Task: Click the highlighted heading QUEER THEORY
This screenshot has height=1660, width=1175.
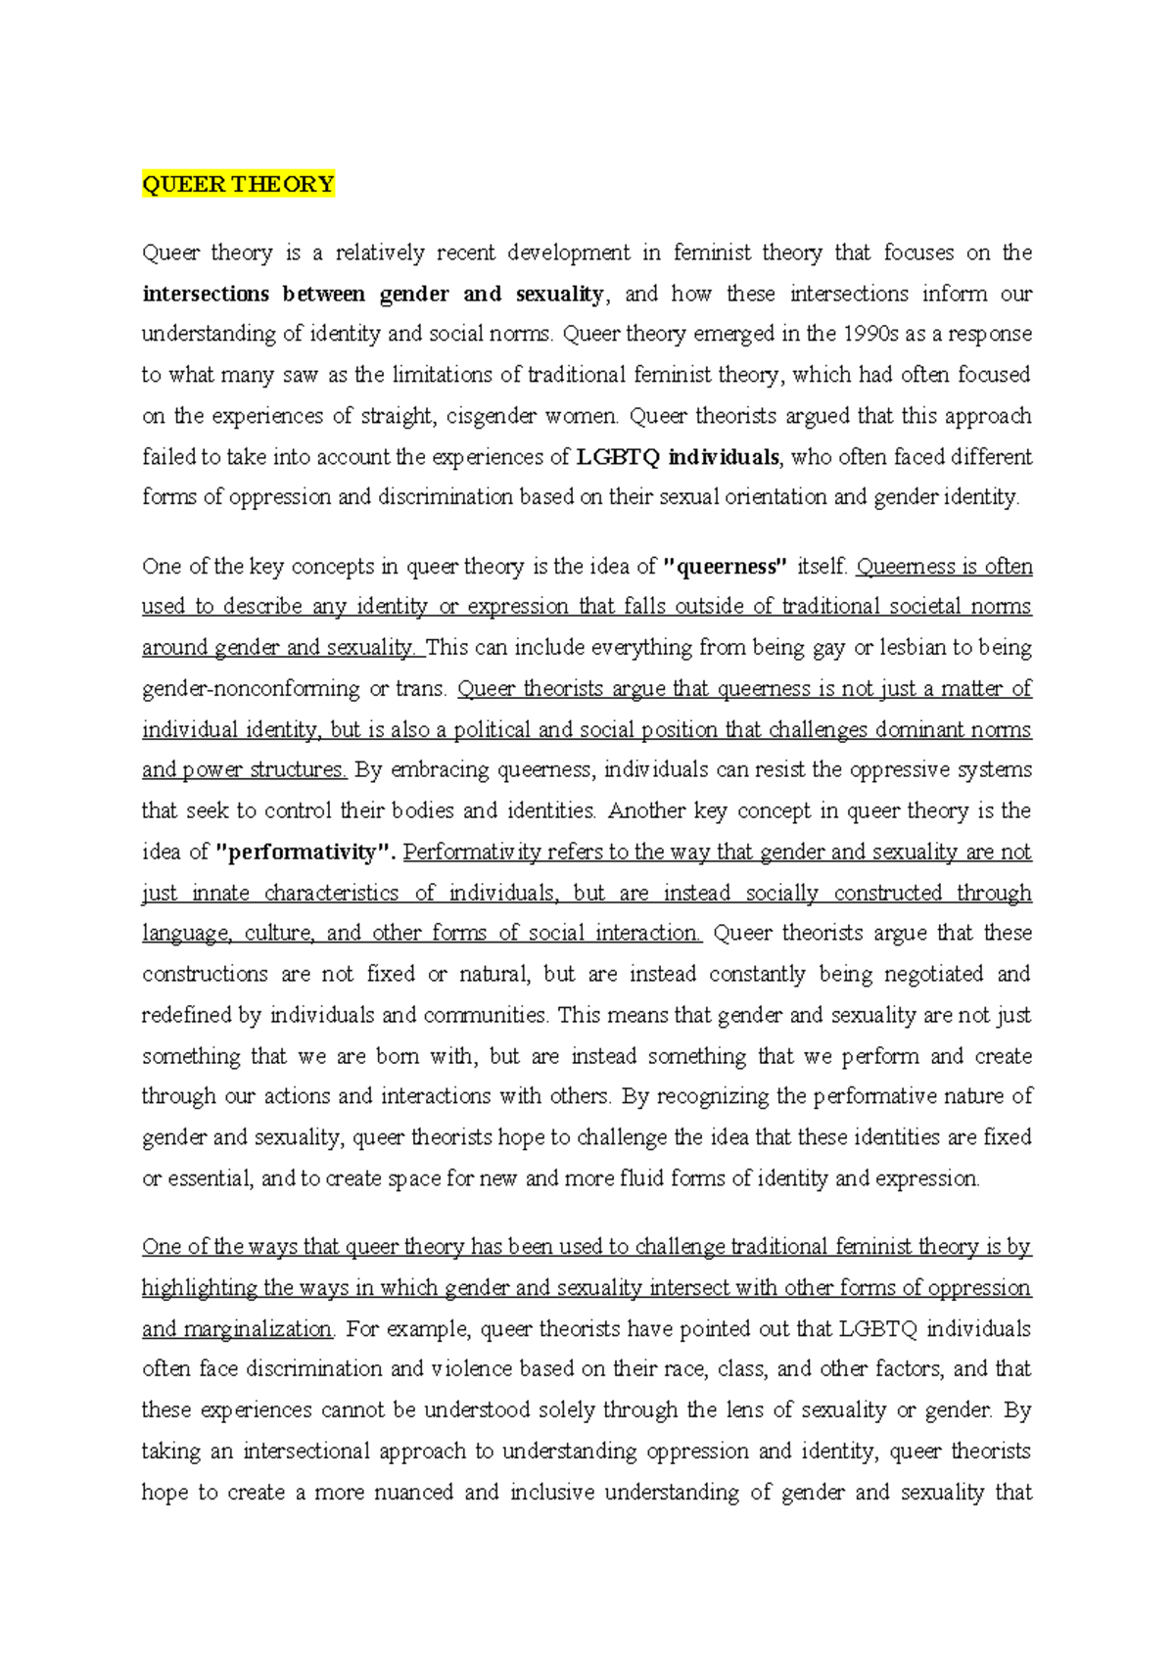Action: tap(238, 184)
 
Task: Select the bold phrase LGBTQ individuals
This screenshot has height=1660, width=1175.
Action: tap(679, 457)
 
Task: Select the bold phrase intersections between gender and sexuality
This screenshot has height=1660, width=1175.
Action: tap(373, 294)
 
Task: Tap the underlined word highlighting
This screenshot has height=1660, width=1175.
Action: tap(199, 1288)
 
